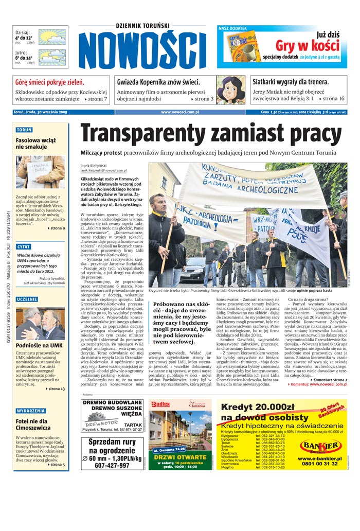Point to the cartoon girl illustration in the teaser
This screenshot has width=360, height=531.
click(230, 90)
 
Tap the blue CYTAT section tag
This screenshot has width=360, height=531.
click(24, 246)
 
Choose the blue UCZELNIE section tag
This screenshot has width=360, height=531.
click(26, 299)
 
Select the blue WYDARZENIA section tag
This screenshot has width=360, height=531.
click(31, 411)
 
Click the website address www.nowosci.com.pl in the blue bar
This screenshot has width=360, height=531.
click(179, 112)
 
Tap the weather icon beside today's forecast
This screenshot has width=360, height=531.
click(52, 37)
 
